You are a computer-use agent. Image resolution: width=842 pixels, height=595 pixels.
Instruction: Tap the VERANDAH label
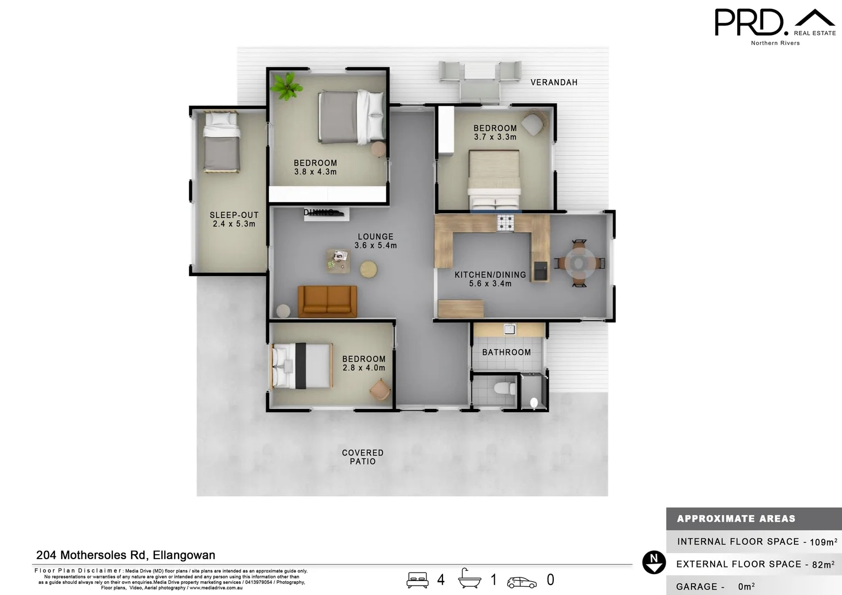[554, 83]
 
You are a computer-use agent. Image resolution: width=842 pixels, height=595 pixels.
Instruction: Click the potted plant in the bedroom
[286, 86]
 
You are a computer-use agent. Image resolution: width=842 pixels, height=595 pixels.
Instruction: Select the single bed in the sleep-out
[221, 142]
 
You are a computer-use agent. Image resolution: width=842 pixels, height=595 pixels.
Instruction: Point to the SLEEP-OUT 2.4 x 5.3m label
[234, 219]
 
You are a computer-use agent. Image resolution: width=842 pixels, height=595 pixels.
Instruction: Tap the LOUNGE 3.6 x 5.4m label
[375, 241]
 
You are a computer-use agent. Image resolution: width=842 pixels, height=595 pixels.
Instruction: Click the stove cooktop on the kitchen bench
[505, 223]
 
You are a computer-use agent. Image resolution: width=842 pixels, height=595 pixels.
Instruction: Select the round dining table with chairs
[579, 263]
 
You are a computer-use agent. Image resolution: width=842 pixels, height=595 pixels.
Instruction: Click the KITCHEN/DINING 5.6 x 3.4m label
[490, 279]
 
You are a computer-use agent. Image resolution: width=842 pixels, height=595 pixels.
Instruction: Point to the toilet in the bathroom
[504, 388]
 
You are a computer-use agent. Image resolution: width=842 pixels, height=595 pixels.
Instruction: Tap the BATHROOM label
[506, 353]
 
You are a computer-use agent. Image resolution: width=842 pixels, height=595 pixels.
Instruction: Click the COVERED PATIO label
[363, 457]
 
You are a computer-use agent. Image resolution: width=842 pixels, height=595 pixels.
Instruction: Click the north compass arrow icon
[654, 562]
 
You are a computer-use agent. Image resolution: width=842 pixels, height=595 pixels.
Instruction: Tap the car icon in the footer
[521, 581]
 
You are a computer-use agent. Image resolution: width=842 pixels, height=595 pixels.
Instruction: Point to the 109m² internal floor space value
[823, 542]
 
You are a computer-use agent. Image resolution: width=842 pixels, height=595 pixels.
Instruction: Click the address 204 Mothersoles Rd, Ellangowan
[126, 555]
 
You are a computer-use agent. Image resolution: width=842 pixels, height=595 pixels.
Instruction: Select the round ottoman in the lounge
[369, 269]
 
